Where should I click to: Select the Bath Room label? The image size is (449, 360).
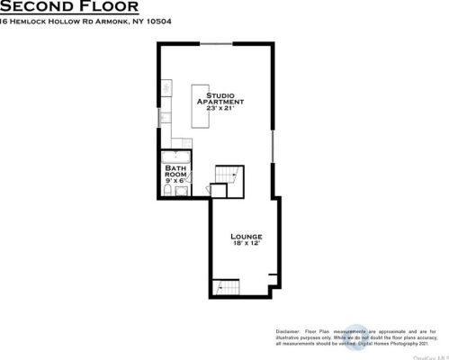[175, 171]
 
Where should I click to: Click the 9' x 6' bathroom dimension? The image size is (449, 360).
[175, 181]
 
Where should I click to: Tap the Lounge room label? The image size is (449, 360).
[246, 236]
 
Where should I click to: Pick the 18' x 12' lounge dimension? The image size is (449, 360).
[246, 244]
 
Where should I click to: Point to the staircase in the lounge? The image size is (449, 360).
[226, 288]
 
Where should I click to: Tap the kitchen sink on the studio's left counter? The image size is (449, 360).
[165, 116]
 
